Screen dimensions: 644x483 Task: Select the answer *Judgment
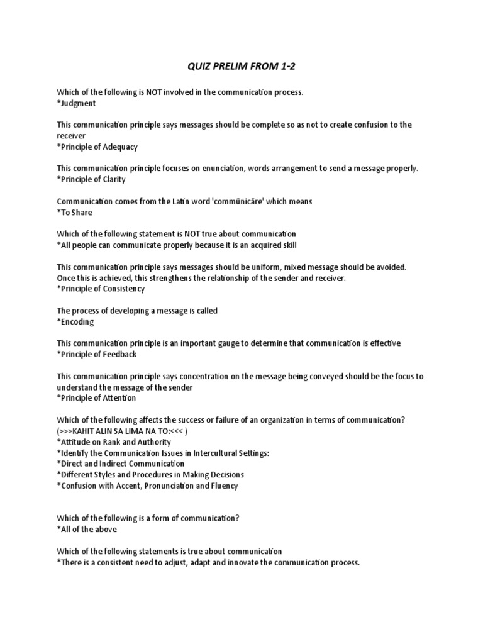[76, 103]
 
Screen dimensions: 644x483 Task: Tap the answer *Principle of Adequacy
[97, 147]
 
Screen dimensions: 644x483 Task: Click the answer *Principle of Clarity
[91, 179]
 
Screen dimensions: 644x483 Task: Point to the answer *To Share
[74, 212]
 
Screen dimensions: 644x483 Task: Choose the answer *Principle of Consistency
[101, 289]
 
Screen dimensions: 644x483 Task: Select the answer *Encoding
[75, 321]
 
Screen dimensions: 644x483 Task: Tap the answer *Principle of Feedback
[96, 354]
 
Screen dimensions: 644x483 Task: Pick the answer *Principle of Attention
[96, 397]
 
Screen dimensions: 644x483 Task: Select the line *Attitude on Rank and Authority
[116, 441]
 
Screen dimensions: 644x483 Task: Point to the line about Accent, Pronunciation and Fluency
[147, 486]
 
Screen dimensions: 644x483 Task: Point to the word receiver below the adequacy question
[71, 135]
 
